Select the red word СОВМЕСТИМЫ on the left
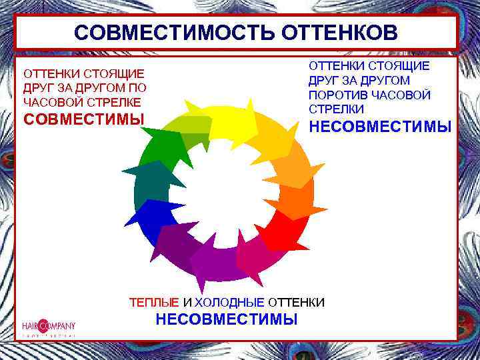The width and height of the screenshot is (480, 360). point(84,119)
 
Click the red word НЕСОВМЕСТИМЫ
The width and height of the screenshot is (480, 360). point(379,127)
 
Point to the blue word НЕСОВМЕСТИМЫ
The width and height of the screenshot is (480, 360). point(227,319)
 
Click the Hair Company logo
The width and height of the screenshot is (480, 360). point(48,327)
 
